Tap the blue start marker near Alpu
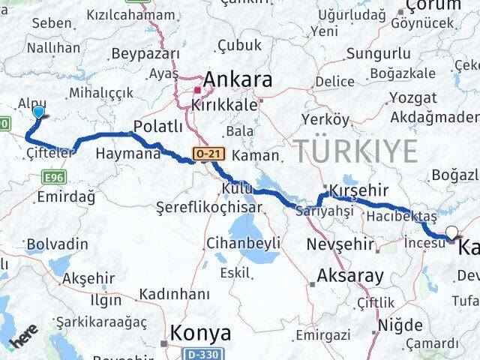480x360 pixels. click(38, 112)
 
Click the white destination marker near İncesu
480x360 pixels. click(451, 233)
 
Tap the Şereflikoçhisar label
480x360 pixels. click(209, 207)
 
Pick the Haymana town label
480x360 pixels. click(128, 154)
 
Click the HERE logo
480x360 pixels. click(24, 341)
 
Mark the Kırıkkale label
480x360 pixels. click(224, 105)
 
